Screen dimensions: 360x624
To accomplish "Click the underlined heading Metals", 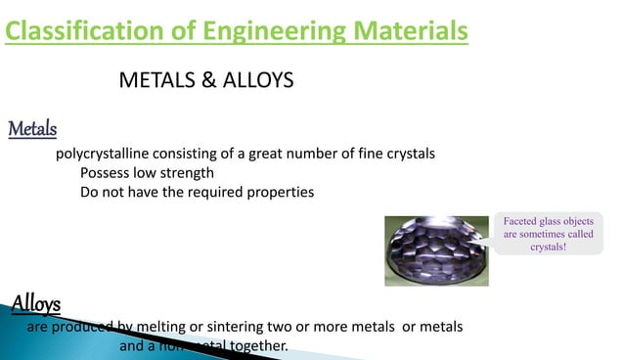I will click(x=32, y=129).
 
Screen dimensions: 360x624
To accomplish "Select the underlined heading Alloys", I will click(x=35, y=302).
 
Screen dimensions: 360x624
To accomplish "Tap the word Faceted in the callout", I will click(x=522, y=222).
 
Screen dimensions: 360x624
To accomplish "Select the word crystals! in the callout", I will click(x=549, y=247).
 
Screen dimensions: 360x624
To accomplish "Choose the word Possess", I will click(x=106, y=173).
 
